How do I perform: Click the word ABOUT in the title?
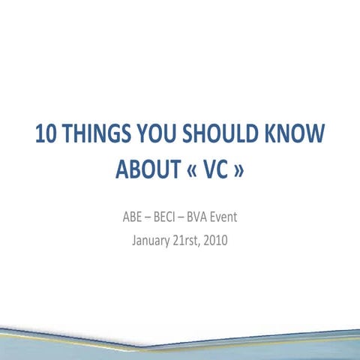(144, 172)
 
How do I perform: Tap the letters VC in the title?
(213, 172)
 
